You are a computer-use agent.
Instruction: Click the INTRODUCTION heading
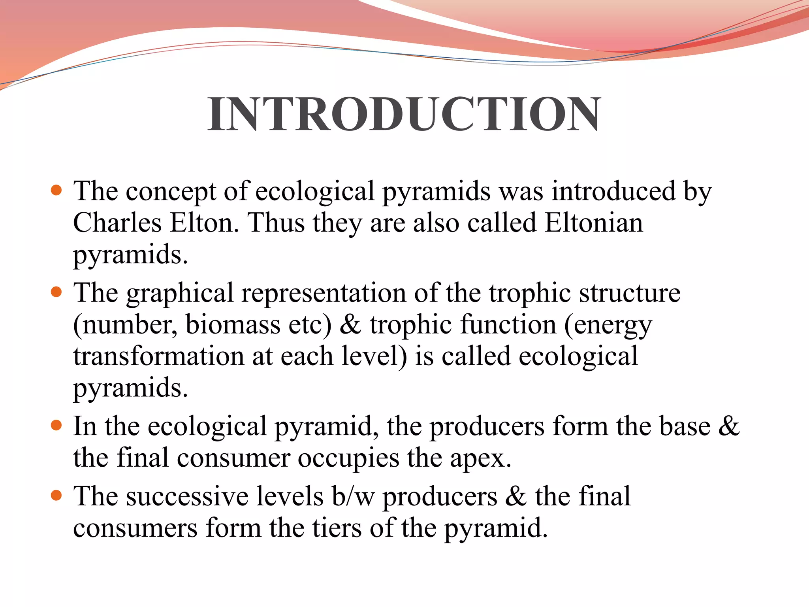[x=404, y=114]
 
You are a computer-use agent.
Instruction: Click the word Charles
[x=117, y=223]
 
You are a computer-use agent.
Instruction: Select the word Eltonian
[x=594, y=223]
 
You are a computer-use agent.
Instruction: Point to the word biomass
[x=233, y=325]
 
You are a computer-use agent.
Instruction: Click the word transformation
[x=159, y=356]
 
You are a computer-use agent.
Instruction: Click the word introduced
[x=613, y=191]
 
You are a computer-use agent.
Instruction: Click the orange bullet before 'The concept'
[x=57, y=190]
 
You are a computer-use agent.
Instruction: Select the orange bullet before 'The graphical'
[x=57, y=292]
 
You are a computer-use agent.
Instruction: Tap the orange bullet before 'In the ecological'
[x=57, y=426]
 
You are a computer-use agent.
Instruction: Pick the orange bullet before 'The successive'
[x=57, y=496]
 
